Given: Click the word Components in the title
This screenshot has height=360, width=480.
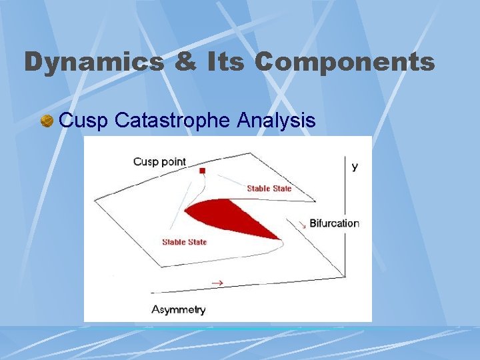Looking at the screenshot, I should [344, 63].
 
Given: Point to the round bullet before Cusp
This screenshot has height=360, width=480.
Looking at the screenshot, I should [47, 121].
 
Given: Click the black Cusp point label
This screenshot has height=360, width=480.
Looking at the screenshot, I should [159, 161].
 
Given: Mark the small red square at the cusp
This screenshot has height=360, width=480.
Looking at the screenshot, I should [202, 171].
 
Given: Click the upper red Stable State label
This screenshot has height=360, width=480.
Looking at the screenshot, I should [269, 189].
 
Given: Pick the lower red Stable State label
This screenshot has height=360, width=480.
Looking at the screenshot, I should [184, 242].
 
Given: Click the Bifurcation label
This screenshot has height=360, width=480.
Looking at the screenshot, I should [334, 223].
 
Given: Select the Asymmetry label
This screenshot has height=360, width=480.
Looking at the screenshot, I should [179, 309].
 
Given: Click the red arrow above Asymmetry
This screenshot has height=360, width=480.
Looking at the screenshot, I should [217, 283].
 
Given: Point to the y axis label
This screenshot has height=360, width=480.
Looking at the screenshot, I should [355, 166].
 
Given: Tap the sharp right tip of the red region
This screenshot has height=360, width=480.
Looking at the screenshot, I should [279, 237].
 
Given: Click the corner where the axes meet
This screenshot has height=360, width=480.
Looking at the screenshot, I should [344, 275].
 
